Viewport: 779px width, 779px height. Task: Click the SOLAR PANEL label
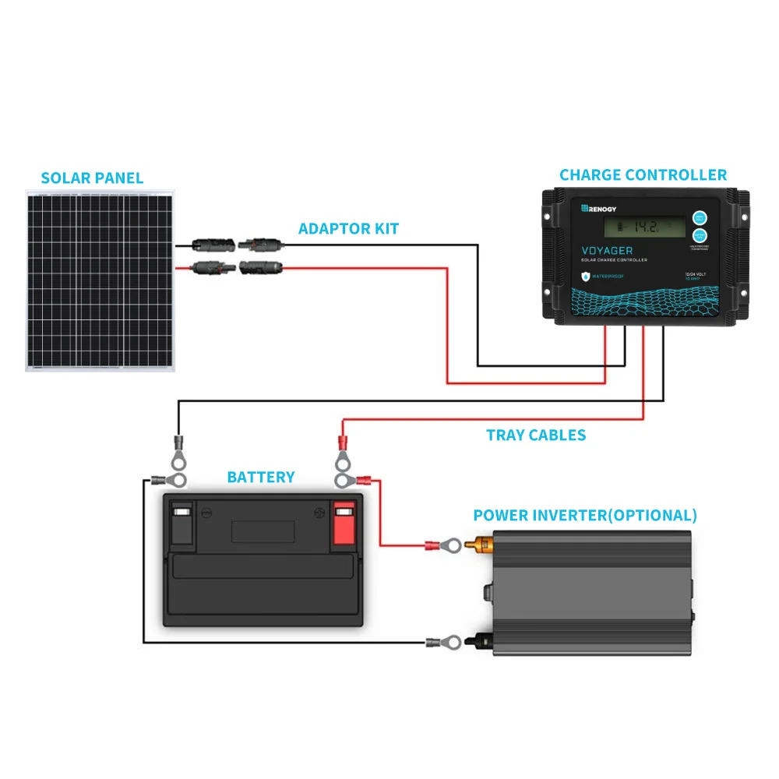pyautogui.click(x=92, y=178)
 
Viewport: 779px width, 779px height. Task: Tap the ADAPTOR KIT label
pyautogui.click(x=348, y=228)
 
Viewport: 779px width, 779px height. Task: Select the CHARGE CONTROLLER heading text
pyautogui.click(x=643, y=175)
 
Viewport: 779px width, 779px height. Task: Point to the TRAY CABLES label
pyautogui.click(x=536, y=435)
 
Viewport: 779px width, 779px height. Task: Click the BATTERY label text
pyautogui.click(x=261, y=477)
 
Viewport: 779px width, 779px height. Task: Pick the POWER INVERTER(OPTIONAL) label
pyautogui.click(x=585, y=515)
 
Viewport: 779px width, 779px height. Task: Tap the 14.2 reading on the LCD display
pyautogui.click(x=646, y=227)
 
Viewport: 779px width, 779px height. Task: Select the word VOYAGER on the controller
pyautogui.click(x=608, y=251)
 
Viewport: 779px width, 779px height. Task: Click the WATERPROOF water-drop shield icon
pyautogui.click(x=585, y=276)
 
